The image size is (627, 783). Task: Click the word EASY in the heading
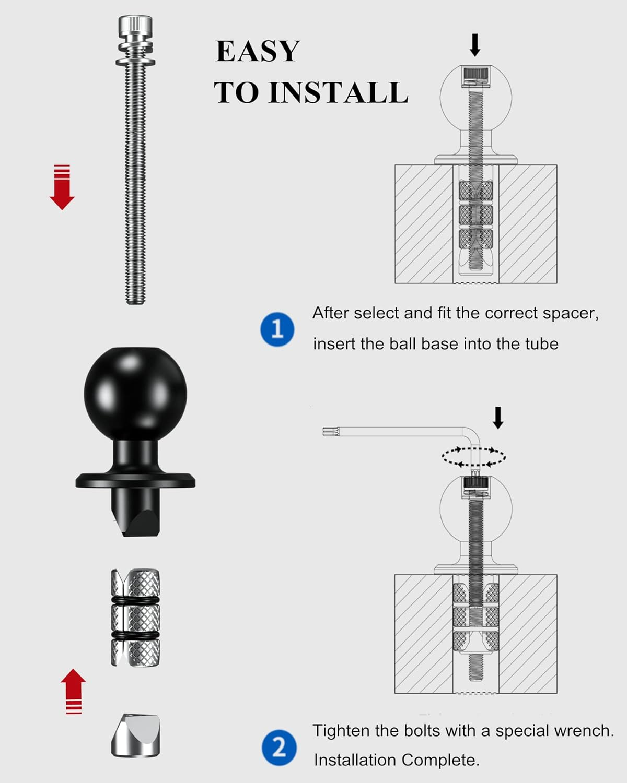[258, 51]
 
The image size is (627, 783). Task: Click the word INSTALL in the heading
[338, 92]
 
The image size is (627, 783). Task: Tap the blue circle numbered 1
[277, 329]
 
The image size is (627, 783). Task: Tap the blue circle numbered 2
[279, 747]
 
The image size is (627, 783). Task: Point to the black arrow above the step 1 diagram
[474, 45]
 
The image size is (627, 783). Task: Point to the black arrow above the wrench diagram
[498, 418]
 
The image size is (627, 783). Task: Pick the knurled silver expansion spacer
[135, 618]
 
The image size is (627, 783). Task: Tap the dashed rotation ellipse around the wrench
[473, 457]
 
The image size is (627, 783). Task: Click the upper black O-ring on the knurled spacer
[135, 600]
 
